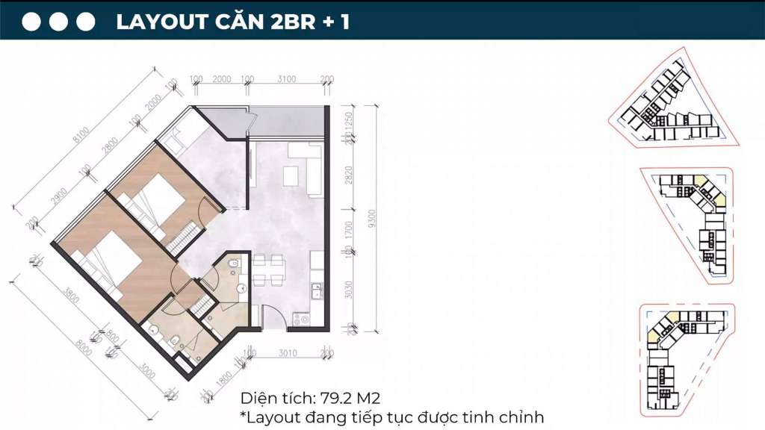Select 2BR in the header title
point(280,22)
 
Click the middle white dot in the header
point(59,22)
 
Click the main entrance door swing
point(273,319)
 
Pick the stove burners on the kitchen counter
point(303,319)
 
